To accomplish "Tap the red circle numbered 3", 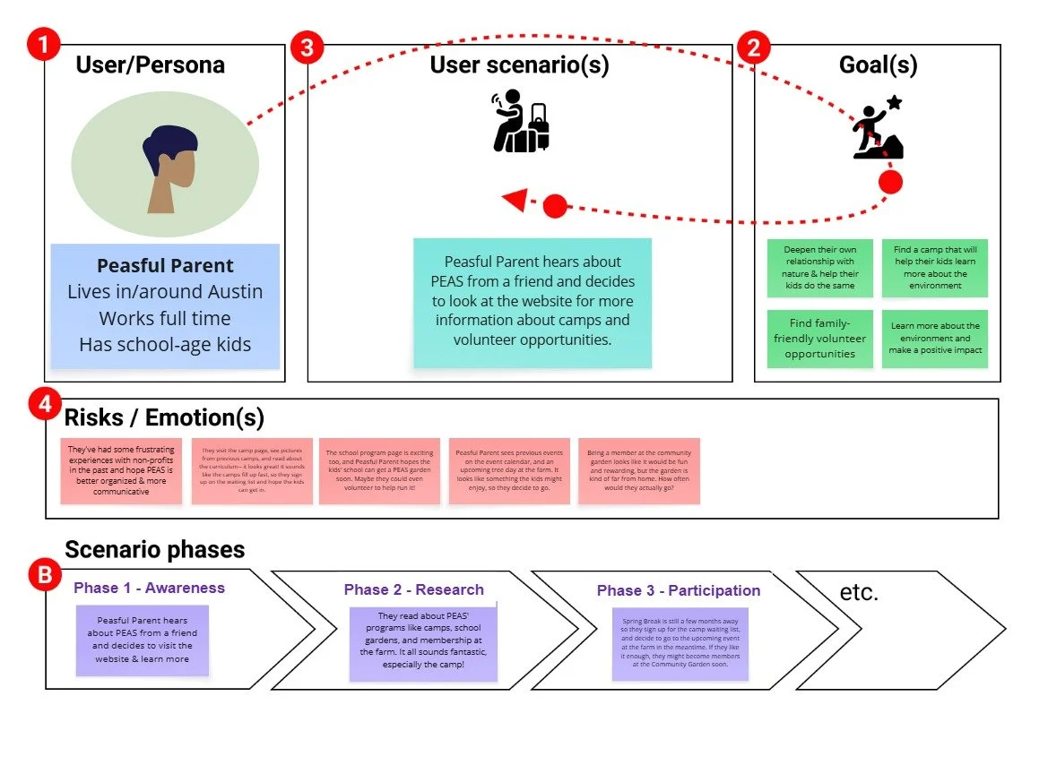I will [x=307, y=47].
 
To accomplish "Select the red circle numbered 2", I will [x=753, y=47].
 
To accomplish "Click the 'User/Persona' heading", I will [x=150, y=64].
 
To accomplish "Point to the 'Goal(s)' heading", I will [x=878, y=64].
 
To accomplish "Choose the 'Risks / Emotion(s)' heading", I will [x=164, y=417].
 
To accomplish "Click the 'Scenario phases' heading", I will [x=154, y=549].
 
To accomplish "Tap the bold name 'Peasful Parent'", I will [x=165, y=266].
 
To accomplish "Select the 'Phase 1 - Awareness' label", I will [x=149, y=588].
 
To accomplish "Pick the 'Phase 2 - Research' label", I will [x=413, y=589].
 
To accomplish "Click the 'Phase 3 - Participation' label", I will [x=678, y=590].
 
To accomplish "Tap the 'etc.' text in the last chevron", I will [x=859, y=592].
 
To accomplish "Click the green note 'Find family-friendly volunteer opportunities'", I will [x=819, y=339].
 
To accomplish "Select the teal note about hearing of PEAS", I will [x=533, y=301].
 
